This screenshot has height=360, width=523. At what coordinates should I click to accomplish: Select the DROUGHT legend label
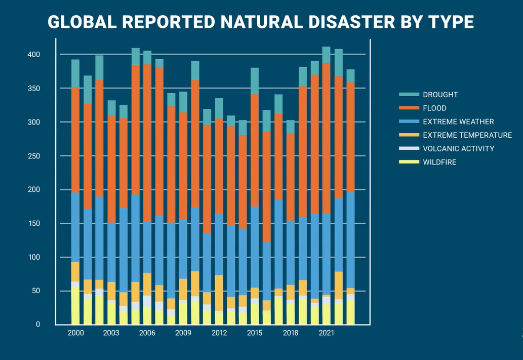[440, 95]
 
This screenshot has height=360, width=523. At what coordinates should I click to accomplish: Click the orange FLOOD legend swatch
[409, 108]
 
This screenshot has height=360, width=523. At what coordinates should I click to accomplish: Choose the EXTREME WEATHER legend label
[458, 122]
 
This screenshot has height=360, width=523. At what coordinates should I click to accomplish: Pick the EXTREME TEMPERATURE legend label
[467, 135]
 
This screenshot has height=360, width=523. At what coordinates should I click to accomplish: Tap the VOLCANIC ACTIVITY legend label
[458, 149]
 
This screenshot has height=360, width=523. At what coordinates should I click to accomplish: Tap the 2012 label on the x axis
[219, 333]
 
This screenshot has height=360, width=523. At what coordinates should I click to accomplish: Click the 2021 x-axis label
[327, 333]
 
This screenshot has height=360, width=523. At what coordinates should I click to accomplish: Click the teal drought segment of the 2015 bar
[255, 81]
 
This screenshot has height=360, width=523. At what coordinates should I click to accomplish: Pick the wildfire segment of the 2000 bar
[75, 306]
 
